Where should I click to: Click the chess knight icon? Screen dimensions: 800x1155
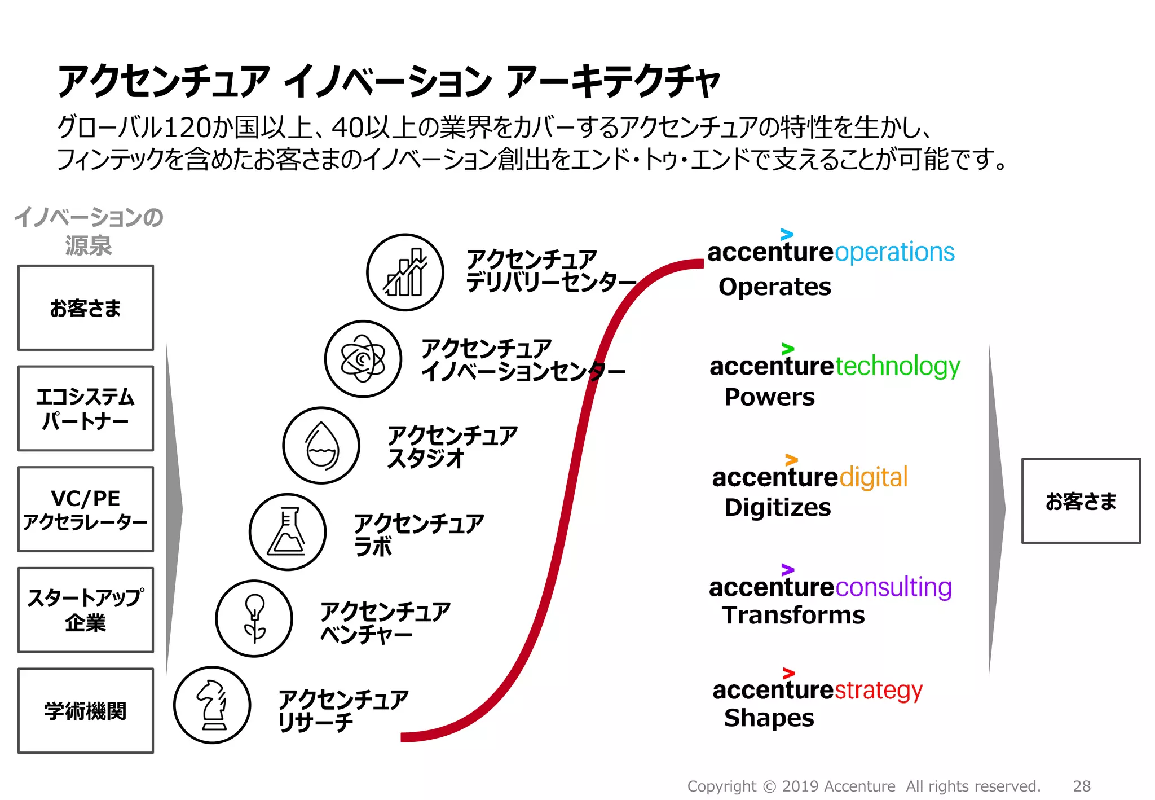(x=212, y=705)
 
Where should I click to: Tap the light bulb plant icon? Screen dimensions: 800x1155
(x=254, y=618)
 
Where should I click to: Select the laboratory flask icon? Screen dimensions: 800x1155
(x=288, y=531)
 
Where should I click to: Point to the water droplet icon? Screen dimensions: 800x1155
(x=321, y=445)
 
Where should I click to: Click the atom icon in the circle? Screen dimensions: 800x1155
(x=363, y=359)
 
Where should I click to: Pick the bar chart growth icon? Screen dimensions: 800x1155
(x=405, y=272)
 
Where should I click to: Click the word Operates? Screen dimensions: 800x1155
(x=774, y=287)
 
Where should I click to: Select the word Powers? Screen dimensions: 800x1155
(x=769, y=397)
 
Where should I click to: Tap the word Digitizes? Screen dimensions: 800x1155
(x=777, y=507)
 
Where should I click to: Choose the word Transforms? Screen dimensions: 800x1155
(x=793, y=615)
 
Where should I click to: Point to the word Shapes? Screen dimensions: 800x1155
(x=769, y=718)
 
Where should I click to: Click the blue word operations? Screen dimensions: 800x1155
(x=894, y=252)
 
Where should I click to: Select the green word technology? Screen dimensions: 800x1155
(x=897, y=367)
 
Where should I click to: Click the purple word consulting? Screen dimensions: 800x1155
(x=893, y=587)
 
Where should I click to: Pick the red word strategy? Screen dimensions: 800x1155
(x=878, y=691)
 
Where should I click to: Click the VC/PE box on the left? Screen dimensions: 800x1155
(x=86, y=509)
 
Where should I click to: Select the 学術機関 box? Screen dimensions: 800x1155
(x=86, y=711)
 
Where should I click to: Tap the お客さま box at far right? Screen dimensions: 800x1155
(x=1081, y=501)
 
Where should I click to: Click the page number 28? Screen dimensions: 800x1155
(x=1081, y=786)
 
